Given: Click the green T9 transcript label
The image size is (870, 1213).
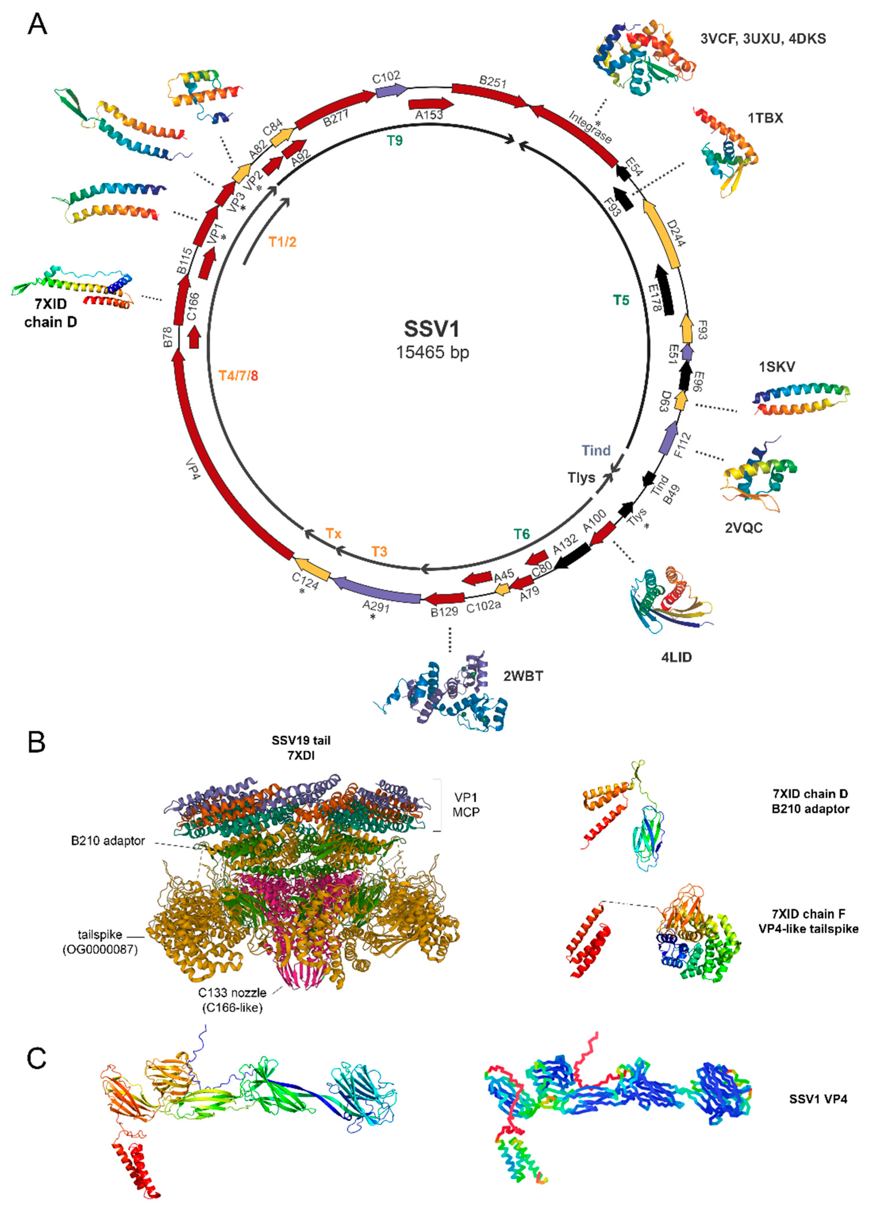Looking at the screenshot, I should [395, 141].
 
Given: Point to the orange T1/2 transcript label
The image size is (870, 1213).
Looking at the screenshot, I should [282, 242].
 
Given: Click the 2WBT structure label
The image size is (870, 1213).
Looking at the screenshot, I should [523, 676].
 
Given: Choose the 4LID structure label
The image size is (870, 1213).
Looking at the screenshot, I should [677, 657].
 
